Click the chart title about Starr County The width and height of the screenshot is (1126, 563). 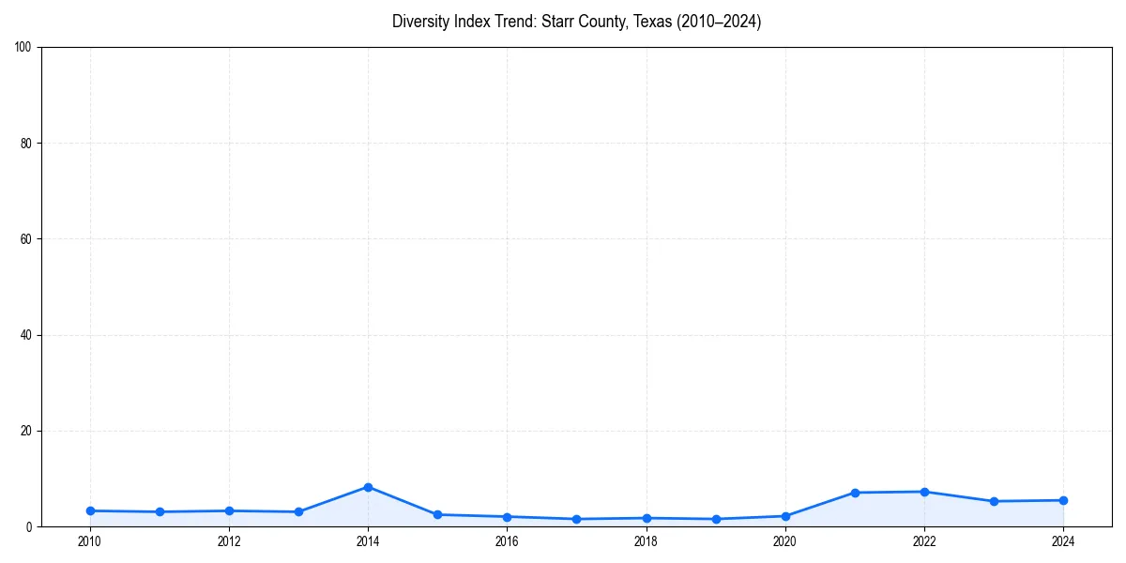point(576,22)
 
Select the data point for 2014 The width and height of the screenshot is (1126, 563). point(368,487)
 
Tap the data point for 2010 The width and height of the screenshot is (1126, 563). point(90,510)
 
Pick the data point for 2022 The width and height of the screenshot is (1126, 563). point(924,492)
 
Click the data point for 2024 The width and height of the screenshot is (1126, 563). point(1063,500)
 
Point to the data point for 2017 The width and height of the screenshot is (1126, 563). point(576,519)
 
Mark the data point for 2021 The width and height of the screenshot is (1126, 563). point(855,493)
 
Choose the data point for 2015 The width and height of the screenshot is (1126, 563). point(437,514)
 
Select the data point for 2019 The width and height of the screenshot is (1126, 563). point(716,519)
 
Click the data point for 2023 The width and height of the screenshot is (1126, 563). point(994,501)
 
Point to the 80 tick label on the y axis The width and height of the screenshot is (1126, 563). point(26,144)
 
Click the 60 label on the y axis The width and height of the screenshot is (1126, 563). point(26,239)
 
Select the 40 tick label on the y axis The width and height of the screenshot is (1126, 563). point(26,335)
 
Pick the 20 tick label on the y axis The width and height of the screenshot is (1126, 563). point(26,431)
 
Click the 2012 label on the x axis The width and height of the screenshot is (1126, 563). point(229,541)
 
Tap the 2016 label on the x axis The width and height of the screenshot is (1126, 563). point(507,541)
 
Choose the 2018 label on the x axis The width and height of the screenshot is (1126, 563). point(646,541)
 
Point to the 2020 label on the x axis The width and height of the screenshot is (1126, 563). point(785,541)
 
